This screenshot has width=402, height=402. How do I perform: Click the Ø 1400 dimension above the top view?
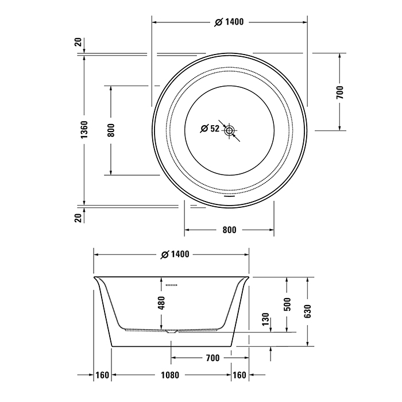pos(229,22)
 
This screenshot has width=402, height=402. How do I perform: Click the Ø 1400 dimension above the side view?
pos(172,254)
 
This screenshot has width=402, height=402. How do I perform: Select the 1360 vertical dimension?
pos(84,130)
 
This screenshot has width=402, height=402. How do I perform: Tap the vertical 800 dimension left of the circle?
pos(111,130)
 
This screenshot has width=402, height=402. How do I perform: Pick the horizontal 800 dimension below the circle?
pos(229,230)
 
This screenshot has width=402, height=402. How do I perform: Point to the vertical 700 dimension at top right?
pos(339,92)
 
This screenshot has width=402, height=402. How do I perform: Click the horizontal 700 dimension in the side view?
pos(212,358)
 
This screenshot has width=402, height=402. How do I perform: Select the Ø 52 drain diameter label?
pos(210,129)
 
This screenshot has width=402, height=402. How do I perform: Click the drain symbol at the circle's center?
pos(230,131)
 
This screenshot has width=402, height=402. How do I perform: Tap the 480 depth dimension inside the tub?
pos(161,303)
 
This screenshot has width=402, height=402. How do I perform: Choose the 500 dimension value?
pos(288,303)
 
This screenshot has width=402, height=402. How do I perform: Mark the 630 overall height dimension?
pos(308,310)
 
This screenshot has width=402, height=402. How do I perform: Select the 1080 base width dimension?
pos(170,376)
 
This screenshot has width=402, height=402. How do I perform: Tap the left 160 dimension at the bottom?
pos(102,376)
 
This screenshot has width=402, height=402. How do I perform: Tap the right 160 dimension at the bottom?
pos(239,376)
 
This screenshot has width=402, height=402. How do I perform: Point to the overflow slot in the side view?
pos(172,284)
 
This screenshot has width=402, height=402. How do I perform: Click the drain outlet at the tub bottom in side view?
pos(172,331)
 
